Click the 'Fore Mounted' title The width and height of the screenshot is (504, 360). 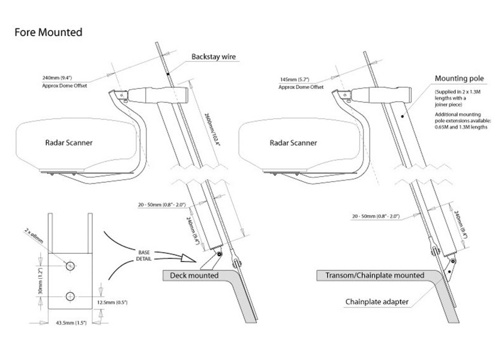click(49, 32)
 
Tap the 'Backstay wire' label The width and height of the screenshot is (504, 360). click(214, 56)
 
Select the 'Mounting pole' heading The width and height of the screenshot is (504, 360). click(459, 79)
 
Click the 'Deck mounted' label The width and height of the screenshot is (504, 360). click(194, 275)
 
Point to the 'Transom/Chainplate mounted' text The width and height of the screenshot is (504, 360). click(375, 275)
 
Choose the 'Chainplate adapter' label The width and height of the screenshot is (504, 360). click(377, 302)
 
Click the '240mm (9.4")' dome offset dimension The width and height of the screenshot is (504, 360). click(57, 78)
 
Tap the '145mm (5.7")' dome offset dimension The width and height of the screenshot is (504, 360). click(295, 79)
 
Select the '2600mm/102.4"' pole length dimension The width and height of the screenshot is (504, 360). click(212, 129)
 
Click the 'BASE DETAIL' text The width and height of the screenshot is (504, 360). click(144, 256)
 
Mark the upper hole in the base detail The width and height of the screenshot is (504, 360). click(70, 266)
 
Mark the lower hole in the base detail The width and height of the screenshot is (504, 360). click(70, 296)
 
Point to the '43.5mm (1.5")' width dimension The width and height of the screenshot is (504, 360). click(71, 323)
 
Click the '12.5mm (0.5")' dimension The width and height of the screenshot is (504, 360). click(112, 302)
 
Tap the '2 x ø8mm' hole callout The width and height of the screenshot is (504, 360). click(34, 236)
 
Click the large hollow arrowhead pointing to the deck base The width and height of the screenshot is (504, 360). click(188, 257)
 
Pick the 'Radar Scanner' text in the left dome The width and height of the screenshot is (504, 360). click(69, 143)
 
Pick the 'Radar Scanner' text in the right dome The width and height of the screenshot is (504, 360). click(293, 143)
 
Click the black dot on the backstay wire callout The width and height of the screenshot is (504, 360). click(168, 74)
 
